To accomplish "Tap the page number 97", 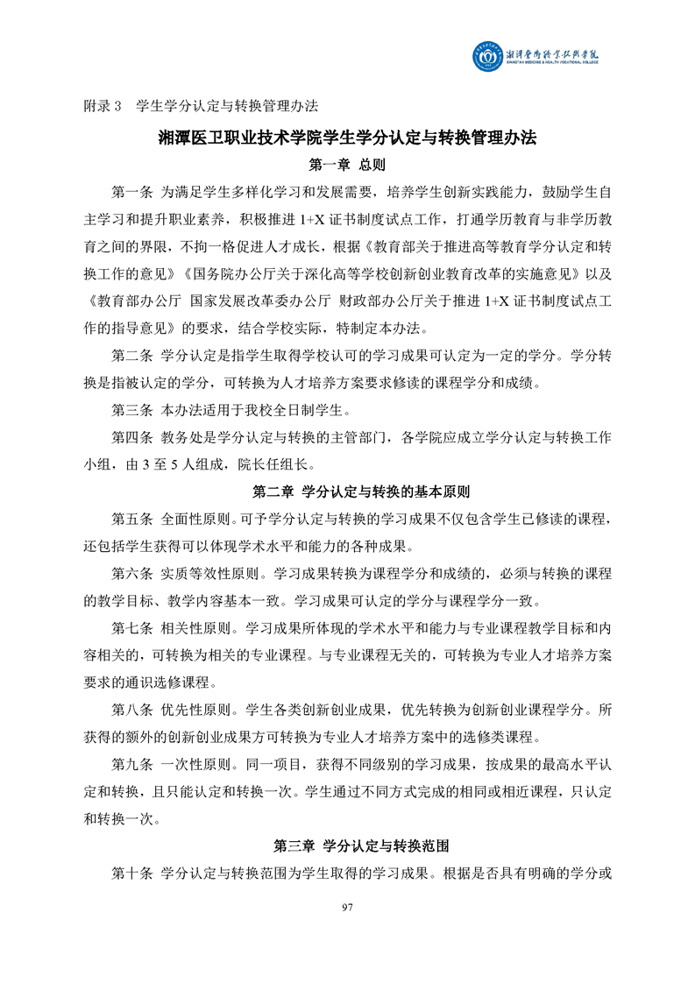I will point(346,906).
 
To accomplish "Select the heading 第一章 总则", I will point(348,165).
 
